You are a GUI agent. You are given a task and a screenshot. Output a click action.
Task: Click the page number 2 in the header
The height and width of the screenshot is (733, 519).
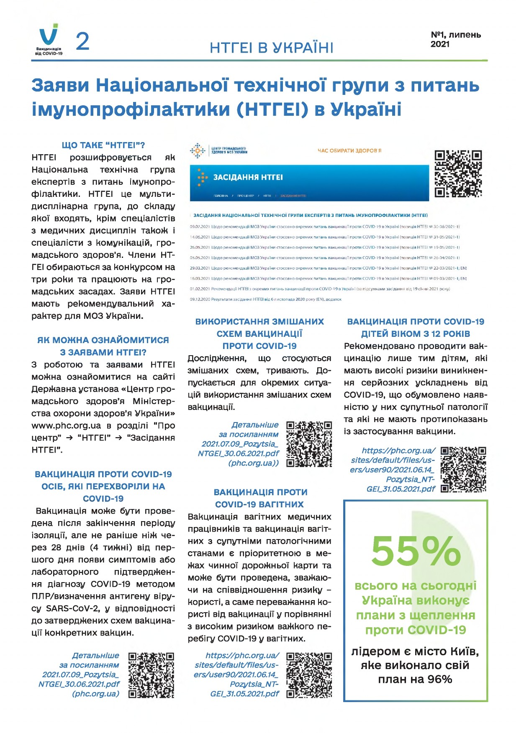coord(82,41)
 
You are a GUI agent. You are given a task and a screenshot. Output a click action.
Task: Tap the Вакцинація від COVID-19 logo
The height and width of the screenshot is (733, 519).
coord(49,41)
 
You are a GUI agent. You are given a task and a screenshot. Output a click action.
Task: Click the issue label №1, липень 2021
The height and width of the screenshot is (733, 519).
coord(455,39)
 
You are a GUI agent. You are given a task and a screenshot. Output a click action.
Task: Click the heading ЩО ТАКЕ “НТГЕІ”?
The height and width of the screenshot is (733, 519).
coord(103,145)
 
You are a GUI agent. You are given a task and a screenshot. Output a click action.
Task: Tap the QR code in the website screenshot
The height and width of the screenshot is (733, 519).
coord(458,173)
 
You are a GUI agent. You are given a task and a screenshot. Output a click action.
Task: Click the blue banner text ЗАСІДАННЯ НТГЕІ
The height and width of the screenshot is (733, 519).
coord(248,177)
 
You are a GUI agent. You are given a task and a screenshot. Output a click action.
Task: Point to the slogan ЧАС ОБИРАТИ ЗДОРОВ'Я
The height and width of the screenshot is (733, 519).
coord(349,150)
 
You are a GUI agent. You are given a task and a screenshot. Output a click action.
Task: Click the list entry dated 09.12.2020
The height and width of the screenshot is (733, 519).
coord(266,299)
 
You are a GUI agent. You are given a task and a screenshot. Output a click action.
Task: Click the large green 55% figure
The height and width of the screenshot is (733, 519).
coord(416,551)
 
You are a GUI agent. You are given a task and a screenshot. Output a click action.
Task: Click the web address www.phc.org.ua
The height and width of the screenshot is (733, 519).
coord(66,426)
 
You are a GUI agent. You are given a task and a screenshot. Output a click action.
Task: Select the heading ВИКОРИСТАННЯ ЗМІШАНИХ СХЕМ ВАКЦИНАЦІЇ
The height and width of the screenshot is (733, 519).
coord(259,333)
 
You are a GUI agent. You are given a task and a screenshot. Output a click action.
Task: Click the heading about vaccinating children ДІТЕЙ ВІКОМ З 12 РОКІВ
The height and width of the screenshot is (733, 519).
coord(415,334)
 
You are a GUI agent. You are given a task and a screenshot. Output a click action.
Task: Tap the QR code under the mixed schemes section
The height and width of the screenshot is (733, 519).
coord(309,444)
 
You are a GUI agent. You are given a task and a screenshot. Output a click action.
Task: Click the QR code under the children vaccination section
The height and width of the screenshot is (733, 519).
coord(463,470)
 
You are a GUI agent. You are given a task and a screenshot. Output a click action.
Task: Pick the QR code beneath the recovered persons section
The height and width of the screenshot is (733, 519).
coord(151,675)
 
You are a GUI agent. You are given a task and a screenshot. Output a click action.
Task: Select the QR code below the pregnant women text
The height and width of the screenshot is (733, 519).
coord(309,675)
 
